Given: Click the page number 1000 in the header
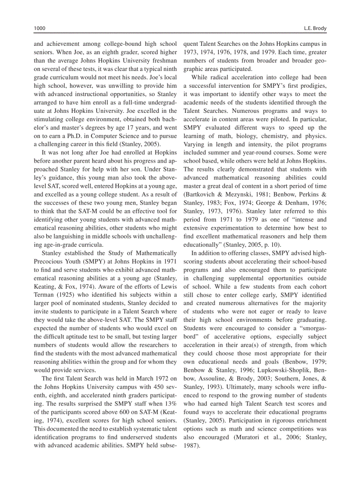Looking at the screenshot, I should [x=40, y=28].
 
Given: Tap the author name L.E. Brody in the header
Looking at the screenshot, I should [x=315, y=28].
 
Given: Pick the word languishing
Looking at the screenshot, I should [x=64, y=236].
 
